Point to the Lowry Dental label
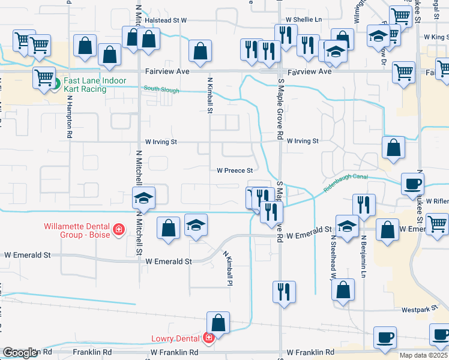pyautogui.click(x=175, y=338)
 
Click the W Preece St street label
pyautogui.click(x=235, y=170)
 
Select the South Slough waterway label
pyautogui.click(x=160, y=89)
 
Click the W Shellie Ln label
pyautogui.click(x=304, y=19)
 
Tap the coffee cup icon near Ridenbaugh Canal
pyautogui.click(x=413, y=184)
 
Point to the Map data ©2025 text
pyautogui.click(x=424, y=355)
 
